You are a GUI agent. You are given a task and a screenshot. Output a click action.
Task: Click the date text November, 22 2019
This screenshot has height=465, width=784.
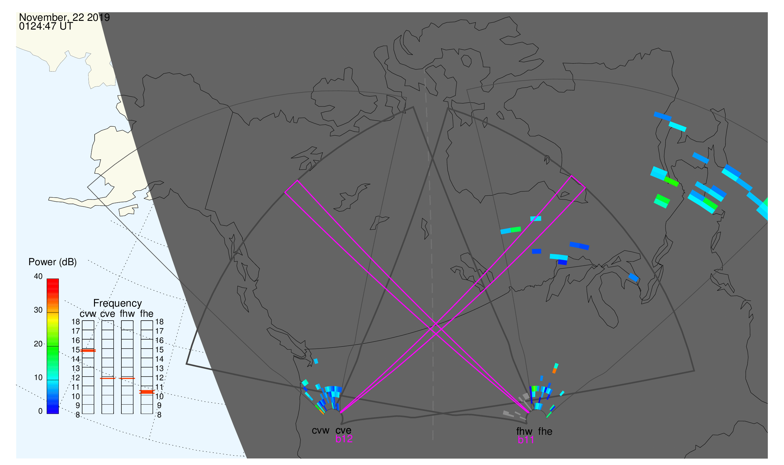click(x=64, y=17)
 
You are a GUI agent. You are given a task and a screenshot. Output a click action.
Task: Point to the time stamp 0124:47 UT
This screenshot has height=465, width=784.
click(x=46, y=26)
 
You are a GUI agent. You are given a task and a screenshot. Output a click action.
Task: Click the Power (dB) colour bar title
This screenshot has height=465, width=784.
click(x=53, y=262)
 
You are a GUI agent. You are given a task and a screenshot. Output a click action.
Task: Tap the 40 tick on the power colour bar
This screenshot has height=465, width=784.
click(x=38, y=276)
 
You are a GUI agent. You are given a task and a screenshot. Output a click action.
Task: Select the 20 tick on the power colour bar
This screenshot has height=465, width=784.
click(x=38, y=344)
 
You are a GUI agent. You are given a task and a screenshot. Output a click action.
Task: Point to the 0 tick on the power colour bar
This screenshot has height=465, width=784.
click(x=40, y=411)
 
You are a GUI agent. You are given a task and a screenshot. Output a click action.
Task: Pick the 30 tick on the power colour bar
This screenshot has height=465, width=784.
click(x=38, y=310)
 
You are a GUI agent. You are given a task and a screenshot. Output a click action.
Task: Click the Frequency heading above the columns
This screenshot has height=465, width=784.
click(x=118, y=303)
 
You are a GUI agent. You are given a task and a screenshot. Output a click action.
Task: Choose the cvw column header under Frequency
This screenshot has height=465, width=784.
click(x=88, y=314)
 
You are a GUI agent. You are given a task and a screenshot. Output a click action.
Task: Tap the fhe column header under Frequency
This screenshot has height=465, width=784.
click(x=147, y=314)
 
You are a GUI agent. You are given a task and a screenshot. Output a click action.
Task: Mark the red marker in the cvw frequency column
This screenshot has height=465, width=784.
click(x=88, y=351)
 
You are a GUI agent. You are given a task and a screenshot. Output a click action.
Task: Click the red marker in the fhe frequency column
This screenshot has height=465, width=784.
click(x=147, y=392)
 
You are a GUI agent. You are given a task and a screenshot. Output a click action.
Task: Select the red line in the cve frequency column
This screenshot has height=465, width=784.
click(x=108, y=378)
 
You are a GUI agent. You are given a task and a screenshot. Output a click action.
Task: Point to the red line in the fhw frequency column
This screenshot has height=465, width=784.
click(x=127, y=378)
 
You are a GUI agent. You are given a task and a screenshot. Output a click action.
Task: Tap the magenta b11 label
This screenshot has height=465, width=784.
click(x=526, y=440)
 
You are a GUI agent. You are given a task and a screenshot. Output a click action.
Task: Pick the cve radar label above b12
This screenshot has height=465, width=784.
click(x=343, y=430)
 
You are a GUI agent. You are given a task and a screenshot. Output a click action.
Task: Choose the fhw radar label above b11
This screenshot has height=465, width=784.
click(x=524, y=431)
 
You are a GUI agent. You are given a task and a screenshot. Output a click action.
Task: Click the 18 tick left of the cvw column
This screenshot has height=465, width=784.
click(x=76, y=322)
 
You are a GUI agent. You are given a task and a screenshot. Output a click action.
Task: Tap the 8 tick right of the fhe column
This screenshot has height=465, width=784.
click(x=159, y=415)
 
